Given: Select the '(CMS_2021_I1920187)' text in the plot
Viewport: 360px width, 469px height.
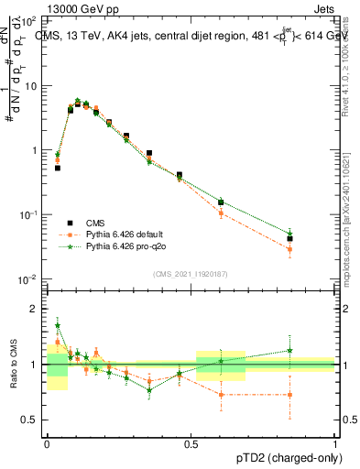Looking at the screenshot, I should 190,273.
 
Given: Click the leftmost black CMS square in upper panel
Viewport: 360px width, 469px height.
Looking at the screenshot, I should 57,168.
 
